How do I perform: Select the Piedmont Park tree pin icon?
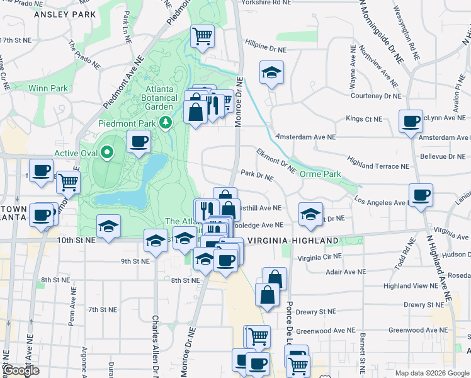pos(166,122)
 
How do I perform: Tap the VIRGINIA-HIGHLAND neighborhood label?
pos(293,241)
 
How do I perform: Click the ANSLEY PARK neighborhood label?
pos(65,14)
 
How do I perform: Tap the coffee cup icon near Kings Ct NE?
pos(412,121)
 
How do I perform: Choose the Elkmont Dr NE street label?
pos(275,160)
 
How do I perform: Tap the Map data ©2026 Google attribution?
pos(431,373)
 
